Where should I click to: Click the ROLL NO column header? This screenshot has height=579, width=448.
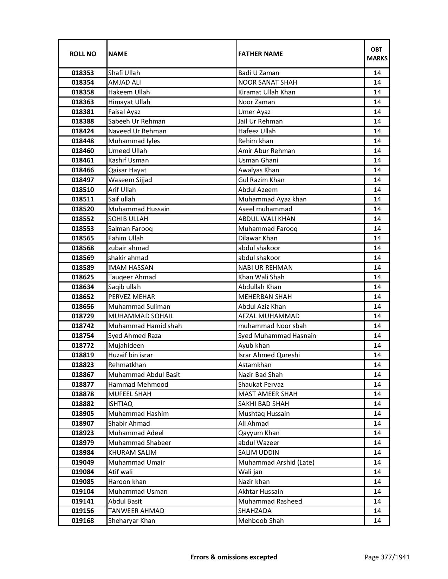pos(83,54)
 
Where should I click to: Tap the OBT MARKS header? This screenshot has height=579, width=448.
pos(377,54)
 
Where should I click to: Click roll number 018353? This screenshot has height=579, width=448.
pos(83,73)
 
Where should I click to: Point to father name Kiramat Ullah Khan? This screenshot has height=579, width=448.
pos(267,92)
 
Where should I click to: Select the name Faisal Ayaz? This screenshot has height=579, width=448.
pos(124,112)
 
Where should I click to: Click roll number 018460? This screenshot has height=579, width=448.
pos(83,151)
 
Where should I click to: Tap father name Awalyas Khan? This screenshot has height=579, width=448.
pos(259,170)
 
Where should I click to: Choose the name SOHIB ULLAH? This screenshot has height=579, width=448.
pos(128,219)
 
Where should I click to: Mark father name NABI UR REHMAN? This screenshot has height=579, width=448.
pos(265,268)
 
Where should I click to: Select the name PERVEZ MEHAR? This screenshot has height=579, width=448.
pos(131,297)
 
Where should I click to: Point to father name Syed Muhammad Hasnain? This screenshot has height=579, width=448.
pos(277,336)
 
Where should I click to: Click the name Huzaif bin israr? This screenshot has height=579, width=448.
pos(130,355)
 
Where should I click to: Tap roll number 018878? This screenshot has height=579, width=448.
pos(83,394)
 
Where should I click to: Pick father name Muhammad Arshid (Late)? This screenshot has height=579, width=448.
pos(276,462)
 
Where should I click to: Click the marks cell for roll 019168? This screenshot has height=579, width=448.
pos(377,521)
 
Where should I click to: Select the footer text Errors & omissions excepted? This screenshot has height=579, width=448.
pos(234,557)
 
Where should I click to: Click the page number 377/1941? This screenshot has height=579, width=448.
pos(387,557)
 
